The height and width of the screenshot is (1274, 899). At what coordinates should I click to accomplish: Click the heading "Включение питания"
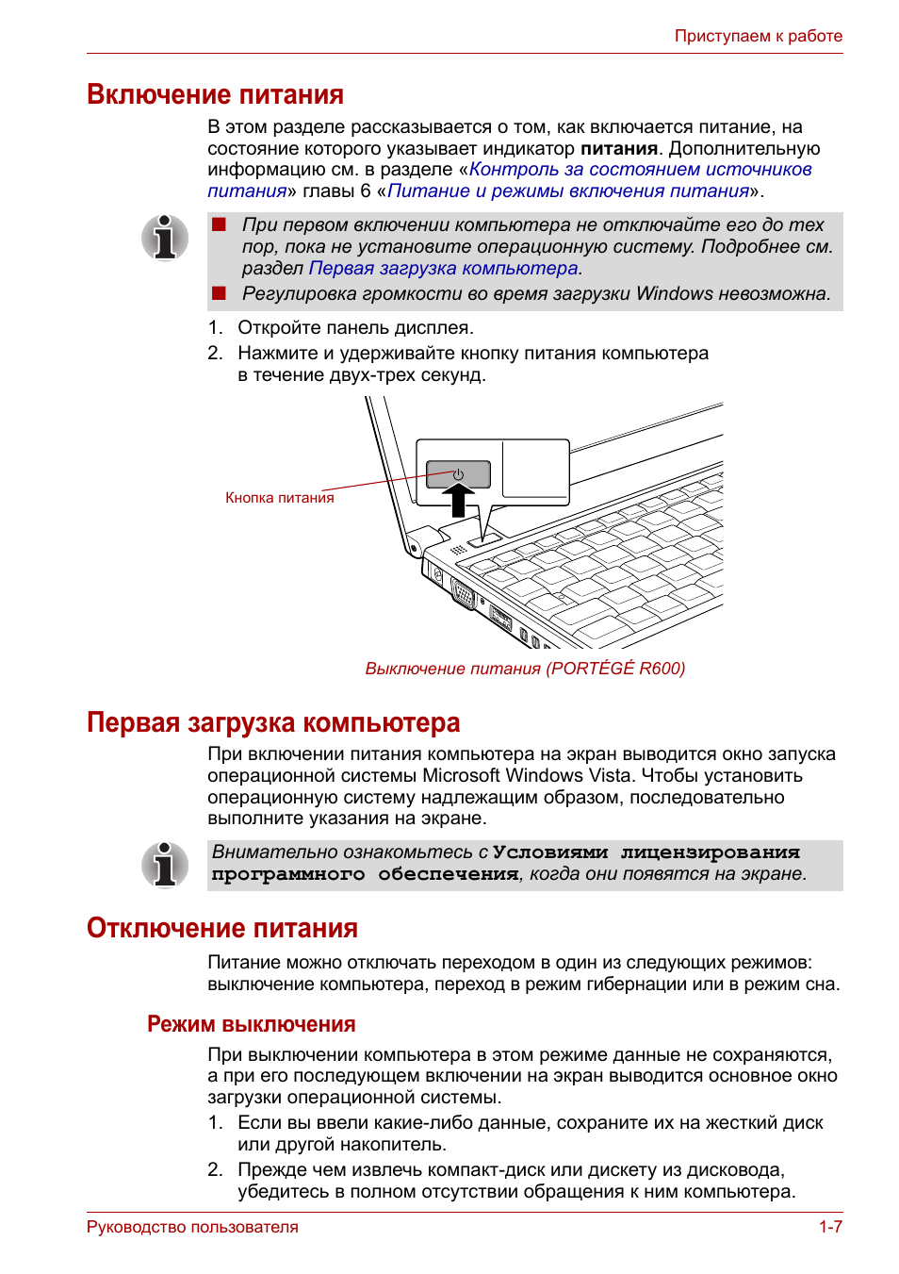(215, 94)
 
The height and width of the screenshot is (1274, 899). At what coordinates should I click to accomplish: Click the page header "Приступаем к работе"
(758, 36)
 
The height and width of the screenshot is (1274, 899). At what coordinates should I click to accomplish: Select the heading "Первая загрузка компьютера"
(272, 722)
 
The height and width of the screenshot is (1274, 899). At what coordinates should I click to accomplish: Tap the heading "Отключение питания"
(222, 928)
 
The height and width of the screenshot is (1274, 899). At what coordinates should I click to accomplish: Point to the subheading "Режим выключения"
(252, 1024)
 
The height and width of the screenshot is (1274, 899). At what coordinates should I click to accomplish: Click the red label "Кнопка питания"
(280, 498)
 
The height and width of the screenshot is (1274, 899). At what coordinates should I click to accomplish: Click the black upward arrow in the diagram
(458, 500)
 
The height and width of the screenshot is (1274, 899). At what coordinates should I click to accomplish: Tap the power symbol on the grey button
(459, 473)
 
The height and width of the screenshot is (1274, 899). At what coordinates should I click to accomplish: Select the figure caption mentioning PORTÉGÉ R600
(525, 668)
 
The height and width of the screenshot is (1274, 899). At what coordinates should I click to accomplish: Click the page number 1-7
(831, 1227)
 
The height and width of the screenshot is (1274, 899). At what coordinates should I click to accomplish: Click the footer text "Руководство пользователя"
(192, 1227)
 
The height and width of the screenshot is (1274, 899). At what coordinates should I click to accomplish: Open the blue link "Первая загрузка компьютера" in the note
(443, 268)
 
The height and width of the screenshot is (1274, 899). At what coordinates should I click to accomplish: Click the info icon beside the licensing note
(165, 865)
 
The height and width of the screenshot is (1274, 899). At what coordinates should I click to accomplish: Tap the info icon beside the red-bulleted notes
(165, 238)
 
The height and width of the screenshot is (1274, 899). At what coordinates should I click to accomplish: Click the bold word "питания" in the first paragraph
(619, 149)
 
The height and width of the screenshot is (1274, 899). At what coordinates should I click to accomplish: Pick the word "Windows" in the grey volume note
(674, 293)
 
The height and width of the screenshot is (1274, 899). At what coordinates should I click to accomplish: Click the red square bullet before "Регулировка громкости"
(219, 293)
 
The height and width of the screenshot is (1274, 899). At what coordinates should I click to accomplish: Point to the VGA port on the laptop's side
(464, 594)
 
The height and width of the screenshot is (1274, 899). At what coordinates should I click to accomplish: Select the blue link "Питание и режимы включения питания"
(567, 191)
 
